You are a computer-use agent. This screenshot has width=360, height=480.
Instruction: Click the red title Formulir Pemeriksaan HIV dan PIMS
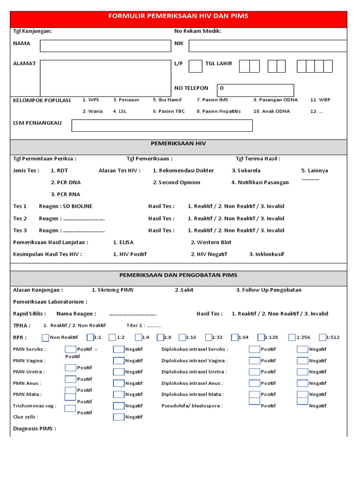pyautogui.click(x=178, y=16)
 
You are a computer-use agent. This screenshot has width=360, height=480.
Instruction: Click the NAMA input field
pyautogui.click(x=105, y=45)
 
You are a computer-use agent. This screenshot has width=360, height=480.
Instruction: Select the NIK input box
pyautogui.click(x=268, y=45)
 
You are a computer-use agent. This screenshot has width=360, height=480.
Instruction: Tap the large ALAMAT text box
pyautogui.click(x=105, y=78)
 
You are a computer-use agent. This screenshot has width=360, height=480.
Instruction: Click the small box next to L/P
pyautogui.click(x=195, y=66)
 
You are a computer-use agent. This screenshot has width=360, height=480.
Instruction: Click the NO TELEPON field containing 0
pyautogui.click(x=255, y=90)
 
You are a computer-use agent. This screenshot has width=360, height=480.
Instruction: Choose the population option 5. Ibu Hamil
pyautogui.click(x=167, y=100)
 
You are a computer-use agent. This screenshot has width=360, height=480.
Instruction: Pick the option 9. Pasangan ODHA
pyautogui.click(x=275, y=100)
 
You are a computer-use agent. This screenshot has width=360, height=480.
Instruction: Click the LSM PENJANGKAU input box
pyautogui.click(x=162, y=126)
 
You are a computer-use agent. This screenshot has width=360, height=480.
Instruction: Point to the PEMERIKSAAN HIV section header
pyautogui.click(x=178, y=143)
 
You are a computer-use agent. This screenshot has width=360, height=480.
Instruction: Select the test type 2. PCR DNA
pyautogui.click(x=66, y=182)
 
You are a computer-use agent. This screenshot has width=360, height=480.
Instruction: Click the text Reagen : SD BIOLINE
pyautogui.click(x=66, y=206)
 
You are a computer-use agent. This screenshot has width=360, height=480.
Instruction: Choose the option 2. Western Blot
pyautogui.click(x=211, y=242)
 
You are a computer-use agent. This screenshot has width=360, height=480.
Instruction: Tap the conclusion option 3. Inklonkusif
pyautogui.click(x=266, y=254)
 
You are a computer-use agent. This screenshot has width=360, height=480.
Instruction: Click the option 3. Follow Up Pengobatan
pyautogui.click(x=269, y=290)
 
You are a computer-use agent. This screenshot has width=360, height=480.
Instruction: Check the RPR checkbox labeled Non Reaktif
pyautogui.click(x=45, y=337)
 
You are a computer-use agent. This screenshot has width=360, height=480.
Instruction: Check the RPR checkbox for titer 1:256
pyautogui.click(x=292, y=337)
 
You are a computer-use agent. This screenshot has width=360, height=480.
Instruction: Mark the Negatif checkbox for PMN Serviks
pyautogui.click(x=119, y=349)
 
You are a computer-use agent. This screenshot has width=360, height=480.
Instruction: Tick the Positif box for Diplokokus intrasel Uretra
pyautogui.click(x=254, y=372)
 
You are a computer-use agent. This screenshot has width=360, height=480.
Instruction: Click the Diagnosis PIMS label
pyautogui.click(x=35, y=428)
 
